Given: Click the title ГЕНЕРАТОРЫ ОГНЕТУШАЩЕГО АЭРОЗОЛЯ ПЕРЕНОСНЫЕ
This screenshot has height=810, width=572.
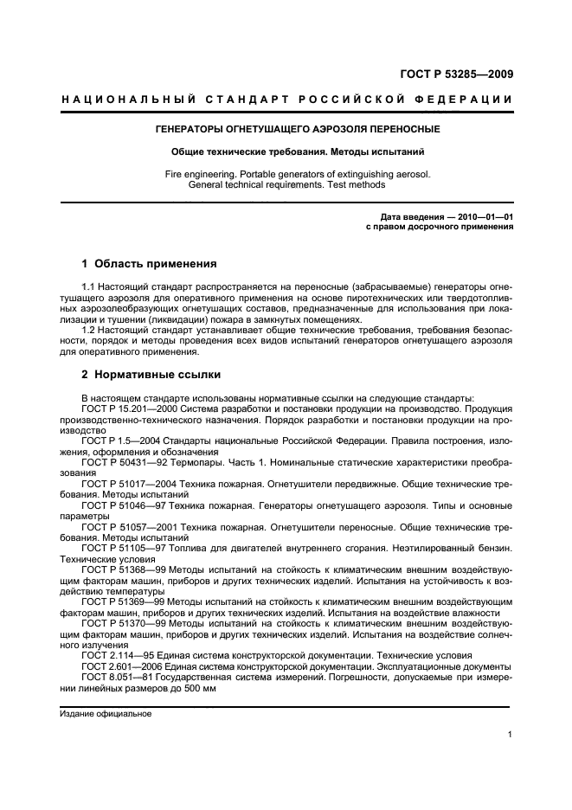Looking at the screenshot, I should tap(286, 129).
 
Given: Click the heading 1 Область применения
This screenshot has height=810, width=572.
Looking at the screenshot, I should tap(148, 264).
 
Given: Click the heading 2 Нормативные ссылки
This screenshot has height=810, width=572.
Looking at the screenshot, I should tap(151, 376).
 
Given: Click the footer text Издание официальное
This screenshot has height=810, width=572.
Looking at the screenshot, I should tap(106, 714).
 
